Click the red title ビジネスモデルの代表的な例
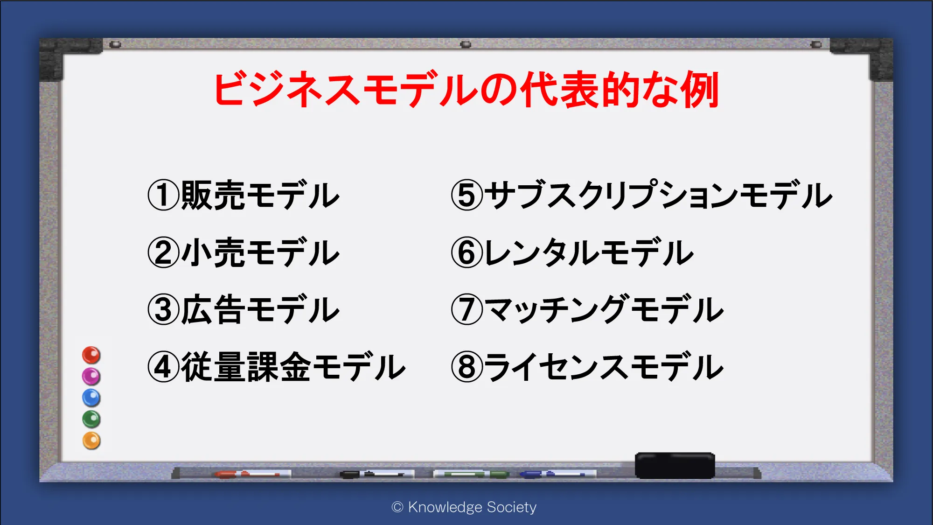(x=466, y=90)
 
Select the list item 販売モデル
(x=260, y=195)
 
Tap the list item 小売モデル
(x=260, y=252)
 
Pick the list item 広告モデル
(x=260, y=309)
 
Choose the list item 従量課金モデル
(x=293, y=367)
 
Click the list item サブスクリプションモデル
(x=658, y=195)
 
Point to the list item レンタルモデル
(x=589, y=252)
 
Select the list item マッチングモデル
(x=604, y=309)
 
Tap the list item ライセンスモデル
(x=604, y=367)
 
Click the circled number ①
(x=163, y=195)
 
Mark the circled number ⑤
(x=467, y=195)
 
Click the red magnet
(x=91, y=355)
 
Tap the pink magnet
(x=91, y=376)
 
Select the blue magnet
(x=91, y=398)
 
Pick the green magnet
(x=91, y=419)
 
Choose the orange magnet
(x=91, y=441)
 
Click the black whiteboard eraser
(x=675, y=465)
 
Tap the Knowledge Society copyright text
(x=464, y=507)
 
